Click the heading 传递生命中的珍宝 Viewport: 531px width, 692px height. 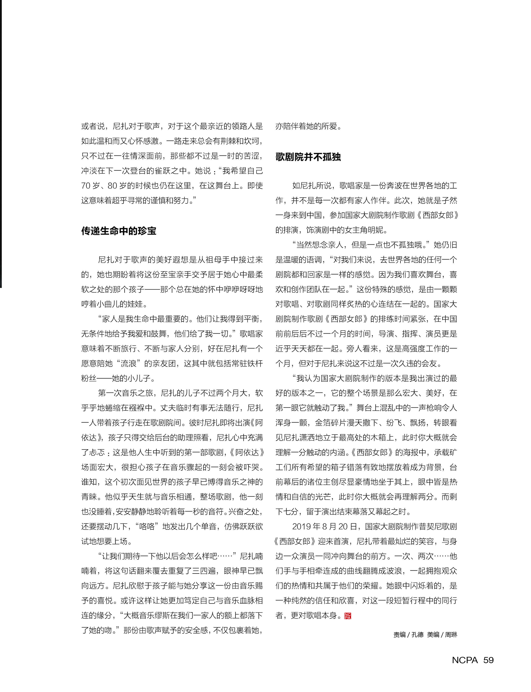[x=119, y=231]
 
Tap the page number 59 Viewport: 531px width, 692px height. [x=488, y=660]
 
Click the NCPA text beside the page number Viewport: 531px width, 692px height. [x=465, y=660]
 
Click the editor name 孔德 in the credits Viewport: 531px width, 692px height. [x=417, y=635]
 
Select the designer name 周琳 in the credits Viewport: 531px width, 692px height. [x=451, y=635]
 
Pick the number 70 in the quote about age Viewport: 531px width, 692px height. [x=86, y=186]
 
